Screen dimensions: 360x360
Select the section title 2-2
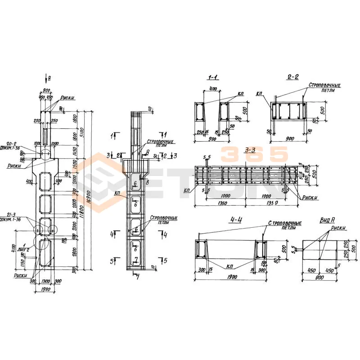[292, 77]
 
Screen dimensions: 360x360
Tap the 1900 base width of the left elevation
[45, 289]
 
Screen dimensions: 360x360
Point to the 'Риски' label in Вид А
[338, 228]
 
